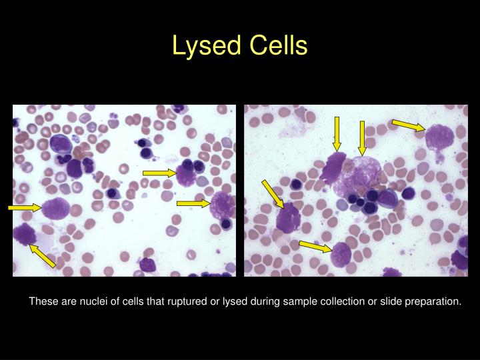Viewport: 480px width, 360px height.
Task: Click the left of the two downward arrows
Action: click(x=337, y=134)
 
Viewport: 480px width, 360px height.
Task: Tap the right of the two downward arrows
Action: click(x=362, y=137)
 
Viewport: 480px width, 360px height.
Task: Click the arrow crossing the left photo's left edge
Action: click(x=25, y=208)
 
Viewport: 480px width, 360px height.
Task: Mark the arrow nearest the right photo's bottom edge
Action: click(x=315, y=247)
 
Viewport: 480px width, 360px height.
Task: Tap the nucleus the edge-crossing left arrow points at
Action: click(x=55, y=209)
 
